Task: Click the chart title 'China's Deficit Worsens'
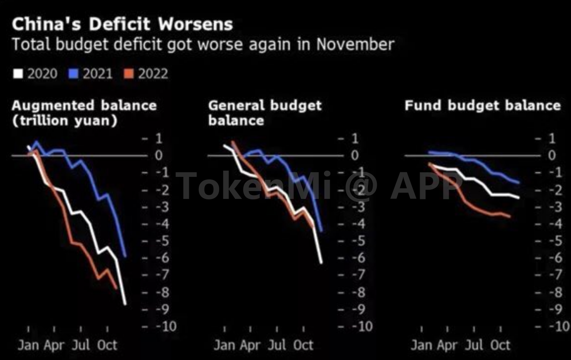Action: [x=122, y=24]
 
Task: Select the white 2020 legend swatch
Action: [x=18, y=74]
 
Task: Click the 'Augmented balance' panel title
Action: [x=84, y=105]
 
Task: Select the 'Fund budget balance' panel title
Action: [x=482, y=105]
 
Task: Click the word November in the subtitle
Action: [x=355, y=44]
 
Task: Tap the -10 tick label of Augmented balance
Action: [x=166, y=326]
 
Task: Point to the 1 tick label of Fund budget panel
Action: [x=551, y=139]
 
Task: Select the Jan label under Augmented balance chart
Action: [x=28, y=345]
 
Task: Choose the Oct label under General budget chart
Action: [x=303, y=345]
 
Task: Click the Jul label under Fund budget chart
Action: [x=473, y=345]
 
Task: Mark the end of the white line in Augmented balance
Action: [x=125, y=304]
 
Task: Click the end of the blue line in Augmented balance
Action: [x=126, y=256]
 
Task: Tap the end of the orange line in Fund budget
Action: [x=510, y=216]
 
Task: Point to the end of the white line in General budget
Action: [x=321, y=263]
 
